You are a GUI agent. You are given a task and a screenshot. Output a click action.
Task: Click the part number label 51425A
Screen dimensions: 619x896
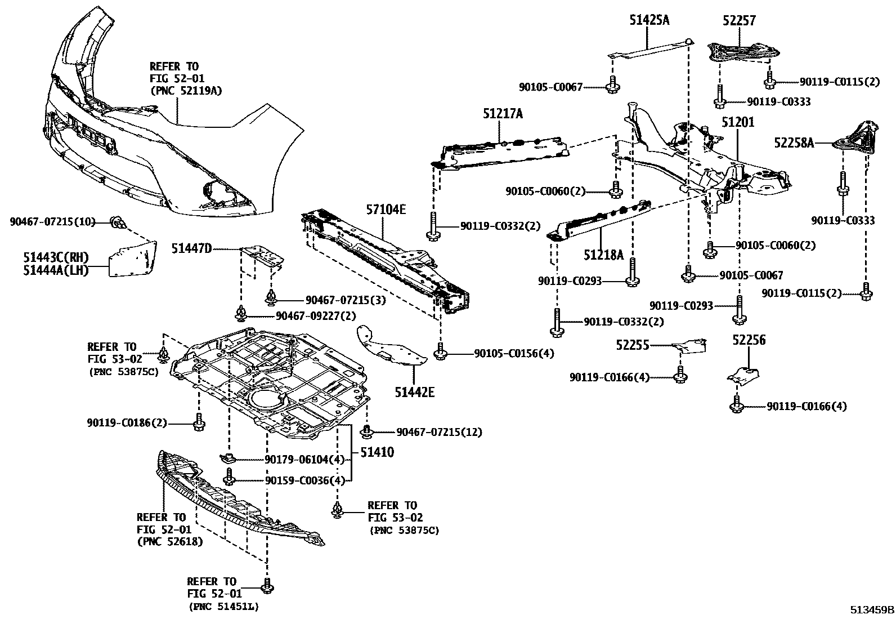[649, 21]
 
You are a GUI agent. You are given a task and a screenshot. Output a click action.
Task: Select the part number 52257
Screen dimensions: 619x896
[739, 21]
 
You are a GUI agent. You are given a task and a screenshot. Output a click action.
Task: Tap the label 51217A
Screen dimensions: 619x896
[503, 114]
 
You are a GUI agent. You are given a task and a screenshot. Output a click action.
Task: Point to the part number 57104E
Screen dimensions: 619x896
[386, 210]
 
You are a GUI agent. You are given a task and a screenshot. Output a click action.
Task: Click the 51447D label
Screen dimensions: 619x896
[192, 248]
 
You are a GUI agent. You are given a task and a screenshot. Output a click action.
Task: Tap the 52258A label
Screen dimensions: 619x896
[794, 143]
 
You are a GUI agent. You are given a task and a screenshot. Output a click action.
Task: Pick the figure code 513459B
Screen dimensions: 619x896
[872, 609]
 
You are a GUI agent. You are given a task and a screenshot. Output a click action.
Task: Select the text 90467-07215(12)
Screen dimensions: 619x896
[439, 432]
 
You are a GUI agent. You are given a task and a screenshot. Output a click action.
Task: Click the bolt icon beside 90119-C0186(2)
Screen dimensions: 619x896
[199, 422]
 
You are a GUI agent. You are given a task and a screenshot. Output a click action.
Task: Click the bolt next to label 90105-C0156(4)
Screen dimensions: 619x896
[440, 353]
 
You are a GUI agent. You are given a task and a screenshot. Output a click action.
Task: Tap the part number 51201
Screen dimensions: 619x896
[738, 122]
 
